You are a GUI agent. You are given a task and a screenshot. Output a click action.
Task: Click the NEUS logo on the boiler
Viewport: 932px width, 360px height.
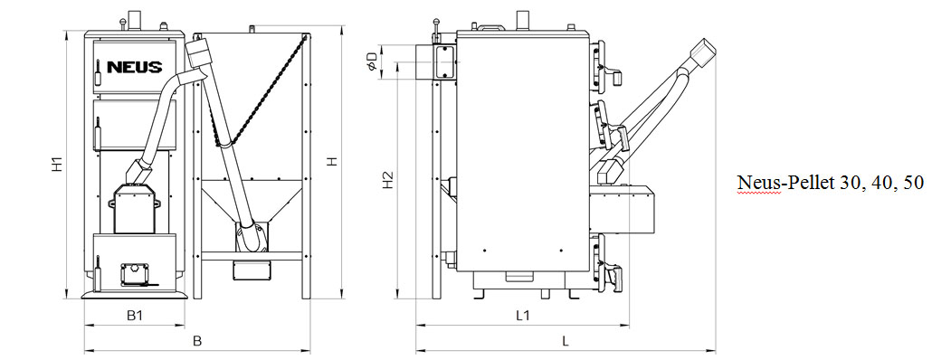click(x=134, y=67)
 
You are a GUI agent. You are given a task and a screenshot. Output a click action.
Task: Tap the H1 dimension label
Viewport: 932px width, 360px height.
click(x=57, y=165)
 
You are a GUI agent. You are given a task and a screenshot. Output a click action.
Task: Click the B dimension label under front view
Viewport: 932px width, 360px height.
click(x=198, y=341)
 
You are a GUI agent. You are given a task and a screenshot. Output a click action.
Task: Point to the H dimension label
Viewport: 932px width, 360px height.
click(x=332, y=161)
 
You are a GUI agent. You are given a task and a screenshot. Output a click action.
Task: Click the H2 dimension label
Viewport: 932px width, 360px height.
click(x=387, y=180)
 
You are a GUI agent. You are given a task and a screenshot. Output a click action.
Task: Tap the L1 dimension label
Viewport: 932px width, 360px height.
click(x=522, y=316)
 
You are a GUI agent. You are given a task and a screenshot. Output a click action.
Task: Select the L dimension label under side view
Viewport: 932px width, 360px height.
click(x=566, y=341)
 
